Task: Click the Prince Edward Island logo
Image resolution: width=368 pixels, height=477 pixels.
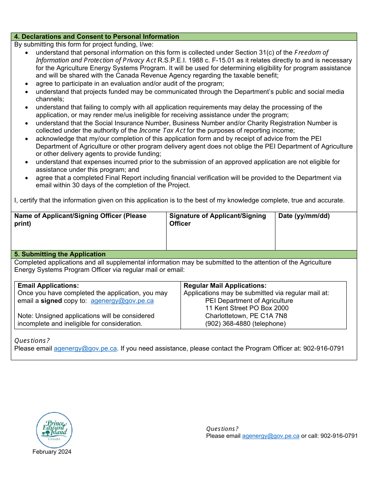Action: (54, 430)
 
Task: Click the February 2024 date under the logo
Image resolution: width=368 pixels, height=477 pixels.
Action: (52, 452)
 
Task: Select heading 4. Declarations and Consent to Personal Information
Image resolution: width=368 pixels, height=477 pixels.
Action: (96, 37)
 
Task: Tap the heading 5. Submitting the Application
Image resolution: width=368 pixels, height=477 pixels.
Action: (60, 254)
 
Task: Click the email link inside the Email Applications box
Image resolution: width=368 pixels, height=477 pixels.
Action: (122, 301)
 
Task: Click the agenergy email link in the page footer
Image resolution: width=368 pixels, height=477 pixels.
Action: (270, 436)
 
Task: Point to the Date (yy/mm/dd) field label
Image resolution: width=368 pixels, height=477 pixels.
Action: (304, 216)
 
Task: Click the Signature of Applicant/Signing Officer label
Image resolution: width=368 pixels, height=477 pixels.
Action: (217, 219)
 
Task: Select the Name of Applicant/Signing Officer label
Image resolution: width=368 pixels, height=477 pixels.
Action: (80, 219)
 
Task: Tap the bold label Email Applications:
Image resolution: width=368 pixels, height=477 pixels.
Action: (48, 286)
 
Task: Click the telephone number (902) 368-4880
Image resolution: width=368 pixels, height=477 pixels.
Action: (228, 323)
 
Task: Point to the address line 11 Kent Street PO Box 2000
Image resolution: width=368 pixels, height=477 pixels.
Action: (247, 308)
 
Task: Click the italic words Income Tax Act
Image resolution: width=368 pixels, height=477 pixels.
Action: (162, 131)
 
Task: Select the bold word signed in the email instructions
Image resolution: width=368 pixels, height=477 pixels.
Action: (51, 301)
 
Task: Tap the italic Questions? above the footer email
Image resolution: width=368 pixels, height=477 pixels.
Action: (222, 429)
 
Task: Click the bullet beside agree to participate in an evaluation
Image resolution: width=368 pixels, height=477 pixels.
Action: (26, 84)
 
